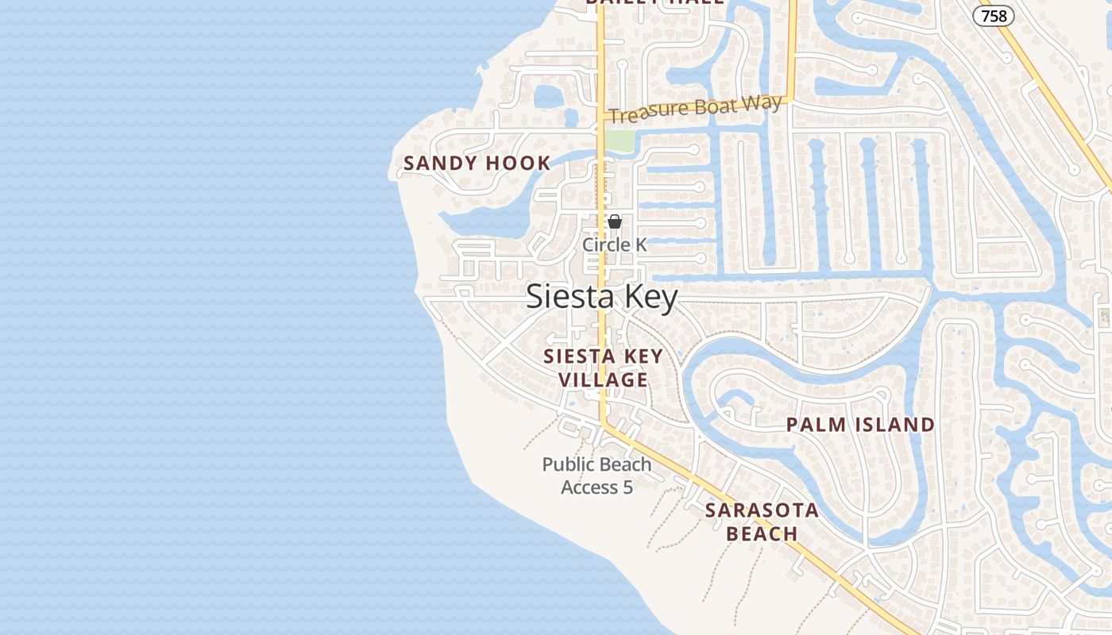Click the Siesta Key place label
(x=602, y=297)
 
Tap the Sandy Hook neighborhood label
(x=477, y=164)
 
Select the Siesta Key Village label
(x=603, y=368)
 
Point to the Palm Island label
(x=860, y=425)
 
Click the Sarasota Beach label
(x=762, y=521)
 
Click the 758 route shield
(x=994, y=15)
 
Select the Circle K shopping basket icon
(x=615, y=221)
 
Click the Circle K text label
(x=615, y=245)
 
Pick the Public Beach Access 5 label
(x=597, y=475)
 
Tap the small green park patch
(x=620, y=141)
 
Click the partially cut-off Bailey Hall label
(x=654, y=2)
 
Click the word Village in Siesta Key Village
(x=603, y=380)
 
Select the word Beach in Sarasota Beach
(x=762, y=533)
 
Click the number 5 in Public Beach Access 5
(x=627, y=487)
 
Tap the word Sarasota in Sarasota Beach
(x=762, y=510)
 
